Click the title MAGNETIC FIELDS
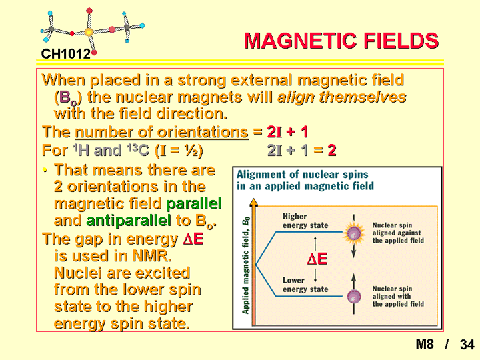point(341,41)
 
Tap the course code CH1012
point(66,54)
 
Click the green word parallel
point(194,203)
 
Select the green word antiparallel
point(128,221)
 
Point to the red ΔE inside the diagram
point(317,259)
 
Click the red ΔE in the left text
point(193,239)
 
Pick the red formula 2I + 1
point(287,132)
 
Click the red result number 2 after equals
point(332,150)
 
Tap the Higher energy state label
point(305,221)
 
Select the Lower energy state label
point(305,285)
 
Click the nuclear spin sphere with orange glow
point(354,234)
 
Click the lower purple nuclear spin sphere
point(354,296)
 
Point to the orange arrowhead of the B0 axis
point(254,202)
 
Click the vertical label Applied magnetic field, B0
point(245,265)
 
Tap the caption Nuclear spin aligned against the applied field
point(398,233)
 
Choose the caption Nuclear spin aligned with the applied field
point(398,296)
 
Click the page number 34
point(467,345)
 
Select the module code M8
point(425,344)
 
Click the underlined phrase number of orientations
point(161,132)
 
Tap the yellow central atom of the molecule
point(89,31)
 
